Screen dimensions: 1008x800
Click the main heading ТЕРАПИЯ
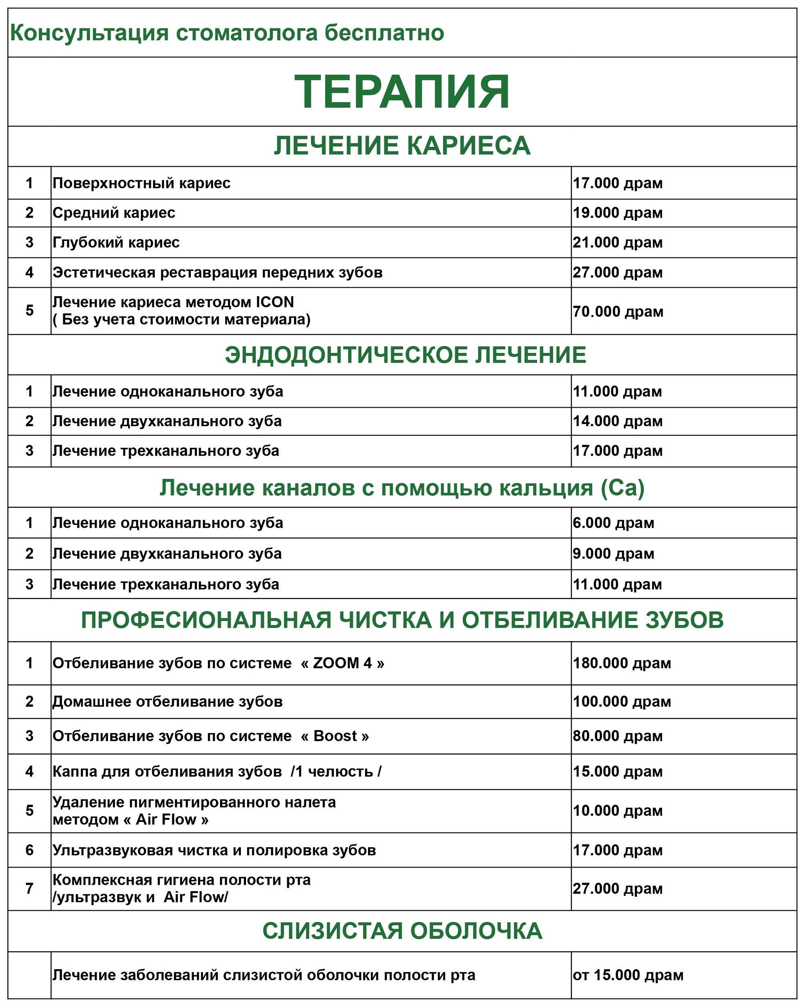pos(402,92)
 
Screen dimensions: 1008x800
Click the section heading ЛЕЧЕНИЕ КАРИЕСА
pos(402,146)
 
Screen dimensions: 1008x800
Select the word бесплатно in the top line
pos(384,33)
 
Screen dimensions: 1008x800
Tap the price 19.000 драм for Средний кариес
pos(617,213)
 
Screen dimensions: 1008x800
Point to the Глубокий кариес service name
pos(116,242)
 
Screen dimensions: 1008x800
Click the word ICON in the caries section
pos(275,303)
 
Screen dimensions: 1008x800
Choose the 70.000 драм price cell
pos(618,311)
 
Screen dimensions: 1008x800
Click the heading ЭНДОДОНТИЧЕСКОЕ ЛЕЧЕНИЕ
pos(405,355)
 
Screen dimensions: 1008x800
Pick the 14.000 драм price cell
pos(617,421)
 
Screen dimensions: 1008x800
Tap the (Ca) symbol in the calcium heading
pos(622,488)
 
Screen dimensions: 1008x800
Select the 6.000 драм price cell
pos(613,523)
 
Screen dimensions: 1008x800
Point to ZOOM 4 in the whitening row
pos(342,663)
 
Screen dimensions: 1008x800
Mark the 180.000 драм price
pos(622,663)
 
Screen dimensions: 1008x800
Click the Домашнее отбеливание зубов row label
pos(167,702)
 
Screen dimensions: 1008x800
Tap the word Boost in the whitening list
pos(335,736)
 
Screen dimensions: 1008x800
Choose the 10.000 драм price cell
pos(617,811)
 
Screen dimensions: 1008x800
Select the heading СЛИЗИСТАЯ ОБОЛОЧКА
pos(402,931)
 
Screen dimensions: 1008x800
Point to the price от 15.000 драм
pos(628,975)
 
